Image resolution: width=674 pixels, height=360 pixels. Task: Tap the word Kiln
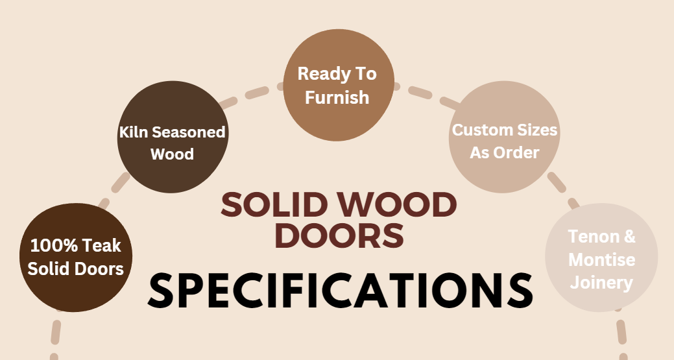(x=134, y=132)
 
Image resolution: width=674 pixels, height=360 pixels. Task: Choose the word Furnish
(x=337, y=97)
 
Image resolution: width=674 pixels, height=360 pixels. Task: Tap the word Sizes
(x=536, y=130)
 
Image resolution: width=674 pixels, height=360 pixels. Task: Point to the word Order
(x=517, y=153)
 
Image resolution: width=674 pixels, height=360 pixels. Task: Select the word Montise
(x=601, y=259)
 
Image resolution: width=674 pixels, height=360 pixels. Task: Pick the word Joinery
(x=601, y=283)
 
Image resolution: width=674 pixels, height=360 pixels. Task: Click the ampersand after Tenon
(x=629, y=237)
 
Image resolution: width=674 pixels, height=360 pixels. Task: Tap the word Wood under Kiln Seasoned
(x=172, y=154)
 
